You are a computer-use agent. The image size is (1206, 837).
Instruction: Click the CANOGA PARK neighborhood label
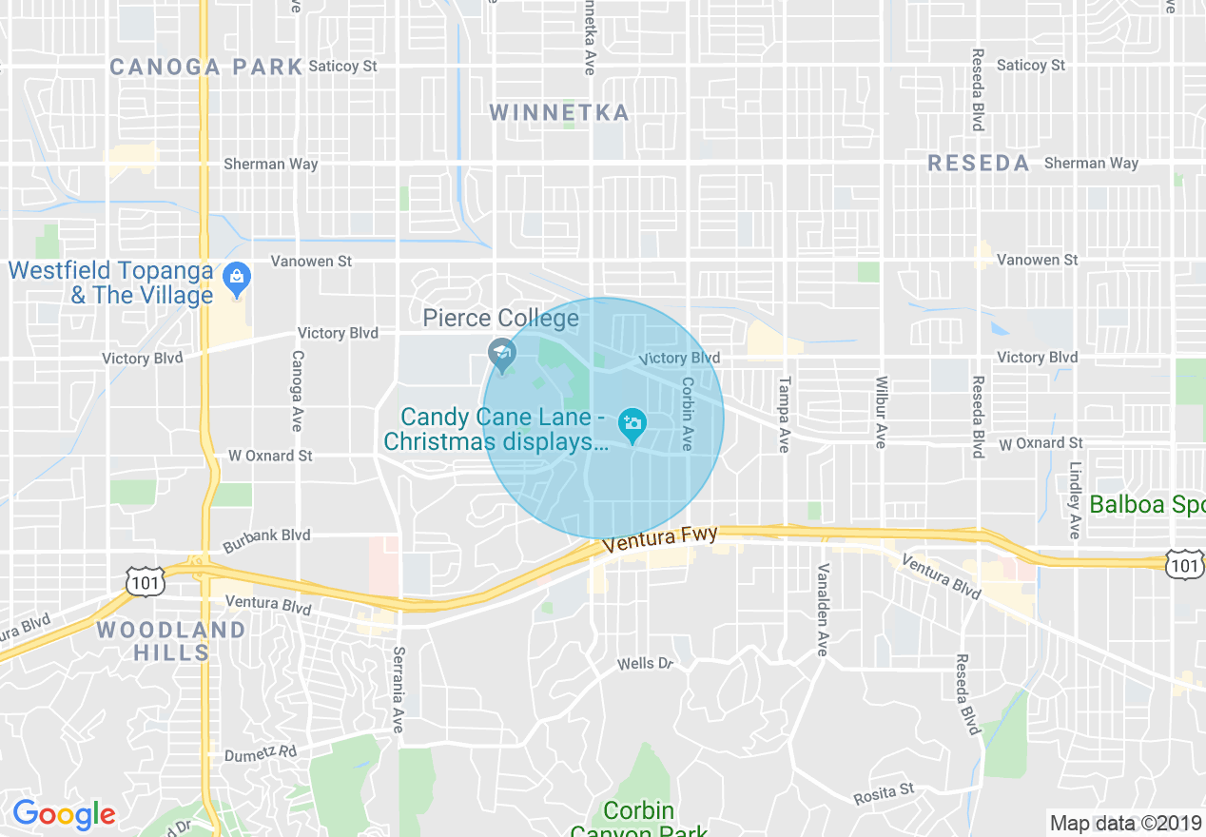(x=205, y=68)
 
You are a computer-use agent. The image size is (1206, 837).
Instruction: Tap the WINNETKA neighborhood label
(x=559, y=113)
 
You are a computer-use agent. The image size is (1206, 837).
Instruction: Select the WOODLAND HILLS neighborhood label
(x=171, y=641)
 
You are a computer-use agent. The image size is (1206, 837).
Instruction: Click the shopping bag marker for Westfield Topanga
(x=235, y=279)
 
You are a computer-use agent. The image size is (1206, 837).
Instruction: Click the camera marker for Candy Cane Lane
(x=632, y=424)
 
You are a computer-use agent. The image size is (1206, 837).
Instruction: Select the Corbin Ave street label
(x=687, y=414)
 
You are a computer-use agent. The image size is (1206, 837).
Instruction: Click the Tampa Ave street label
(x=785, y=414)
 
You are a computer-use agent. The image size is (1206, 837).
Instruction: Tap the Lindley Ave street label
(x=1075, y=500)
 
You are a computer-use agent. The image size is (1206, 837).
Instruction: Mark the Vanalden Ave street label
(x=823, y=609)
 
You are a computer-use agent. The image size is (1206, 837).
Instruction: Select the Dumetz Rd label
(x=262, y=753)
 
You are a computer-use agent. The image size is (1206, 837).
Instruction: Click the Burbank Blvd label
(x=266, y=540)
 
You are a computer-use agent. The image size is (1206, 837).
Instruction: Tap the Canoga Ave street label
(x=297, y=391)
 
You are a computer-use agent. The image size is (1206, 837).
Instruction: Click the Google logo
(x=64, y=815)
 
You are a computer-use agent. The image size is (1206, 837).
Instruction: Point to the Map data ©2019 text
(x=1125, y=822)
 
